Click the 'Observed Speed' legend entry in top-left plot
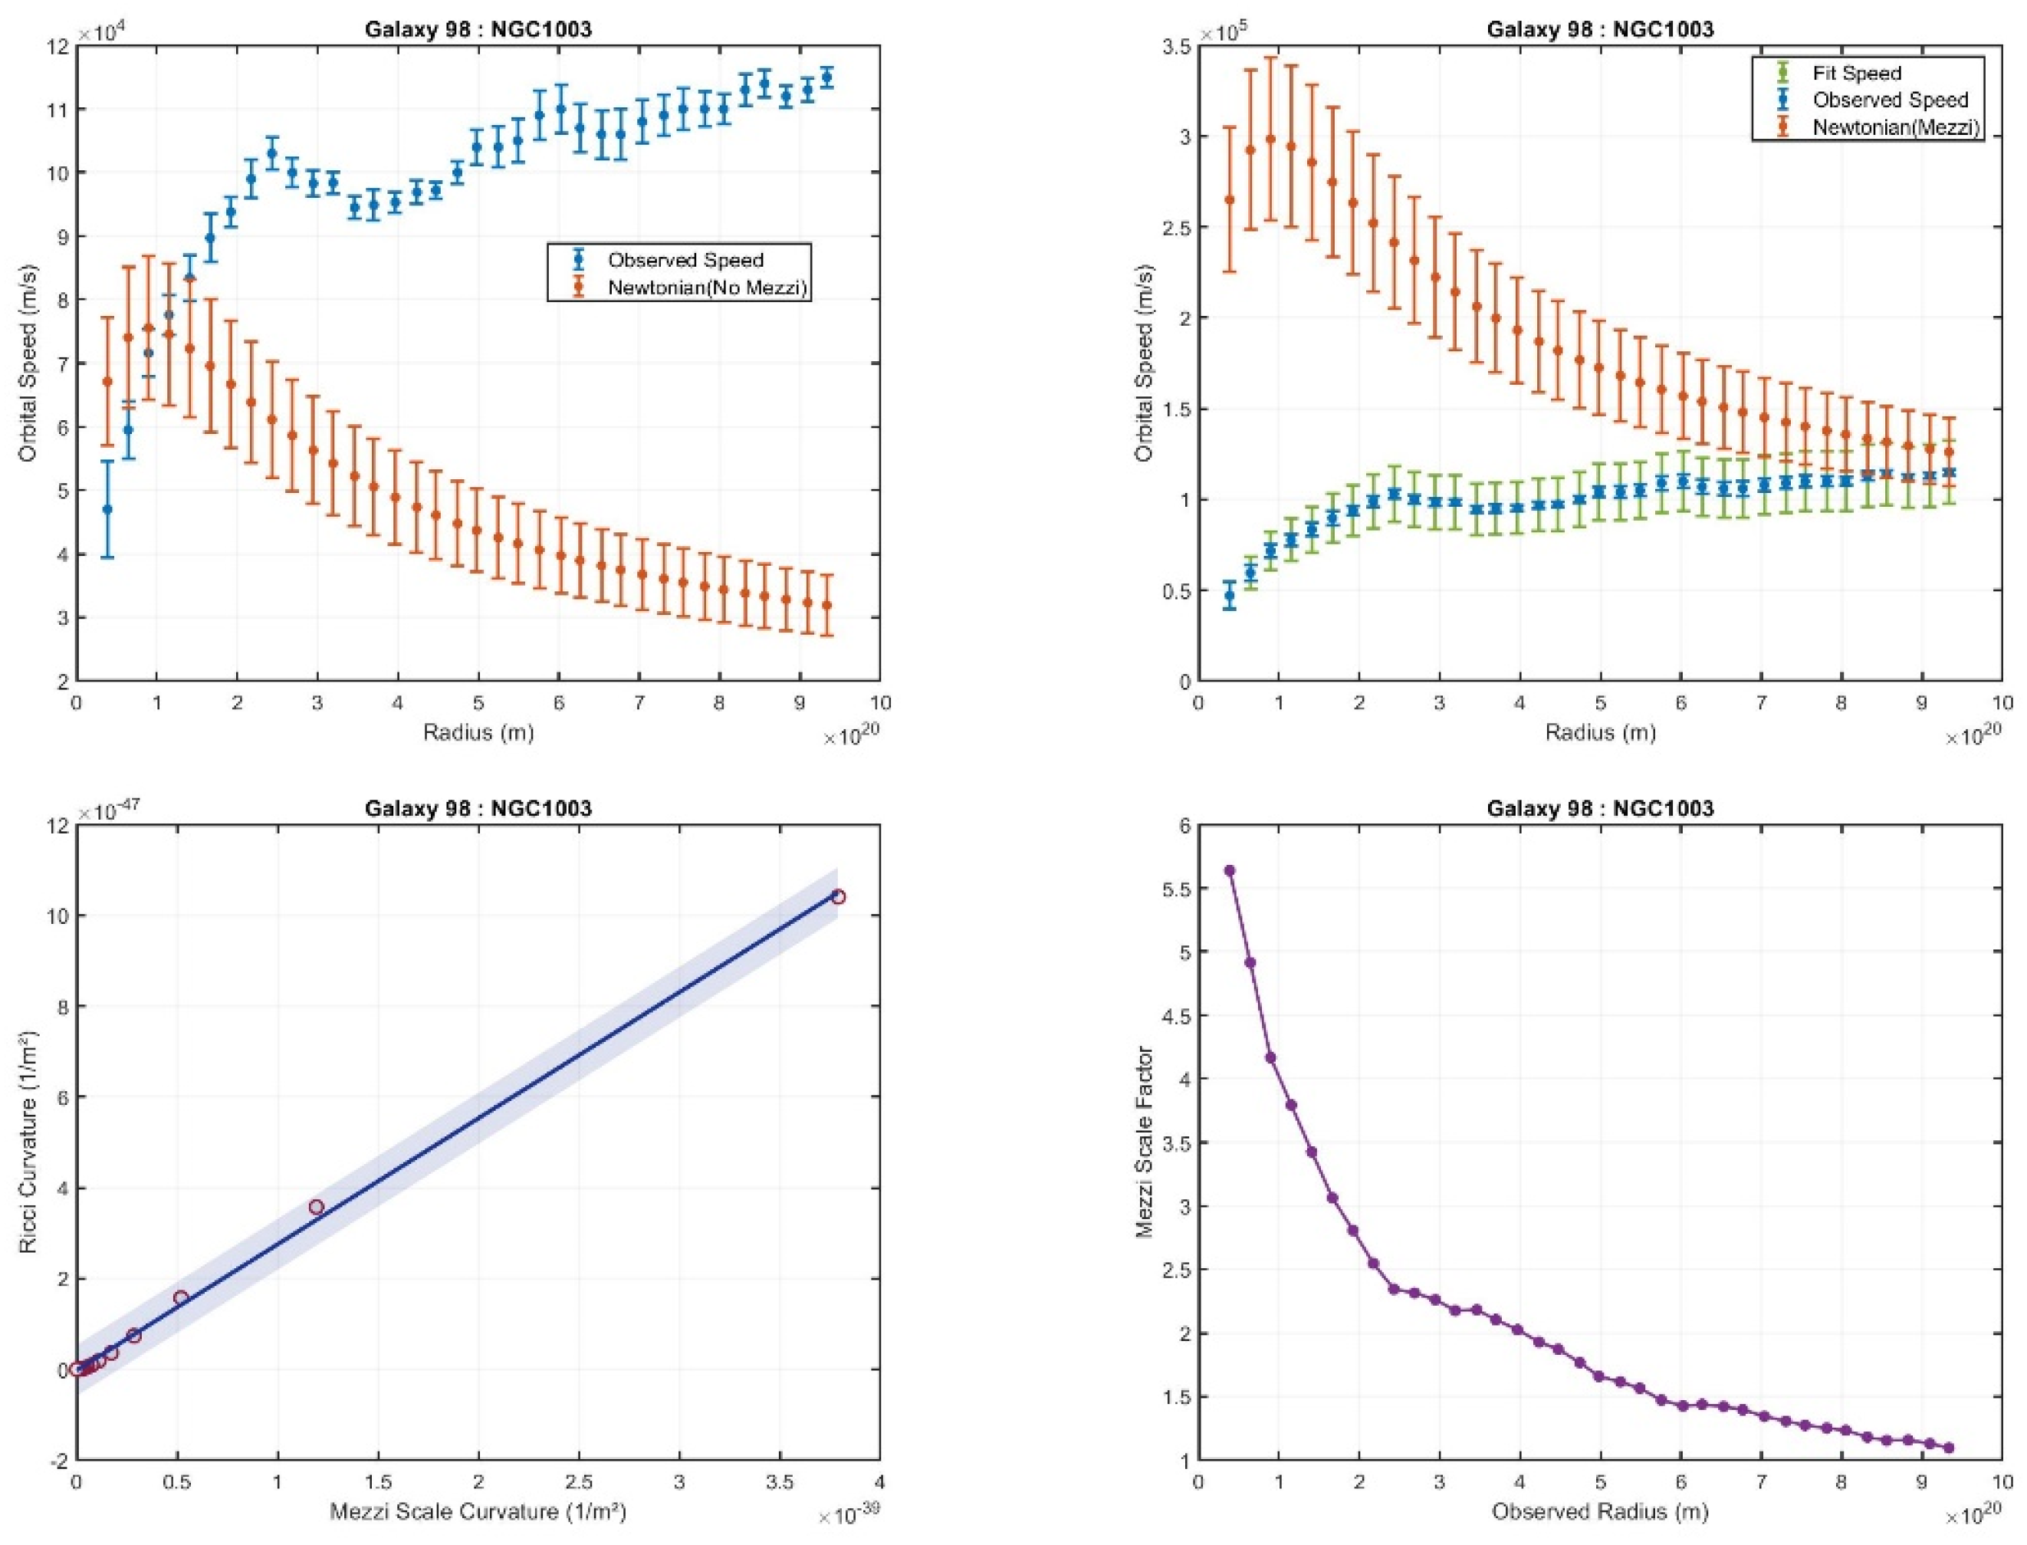tap(685, 260)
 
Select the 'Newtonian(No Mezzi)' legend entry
tap(706, 288)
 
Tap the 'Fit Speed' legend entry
tap(1856, 73)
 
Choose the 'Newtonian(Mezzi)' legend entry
tap(1894, 128)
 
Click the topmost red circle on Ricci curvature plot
tap(837, 896)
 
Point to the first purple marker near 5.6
tap(1229, 870)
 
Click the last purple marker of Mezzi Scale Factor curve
tap(1948, 1448)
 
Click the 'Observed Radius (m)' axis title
tap(1599, 1512)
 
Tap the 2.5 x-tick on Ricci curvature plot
tap(578, 1482)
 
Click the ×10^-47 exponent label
tap(116, 811)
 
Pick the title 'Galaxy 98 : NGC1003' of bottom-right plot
tap(1599, 808)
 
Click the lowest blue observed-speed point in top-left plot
tap(107, 508)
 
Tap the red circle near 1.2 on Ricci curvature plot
tap(316, 1207)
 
